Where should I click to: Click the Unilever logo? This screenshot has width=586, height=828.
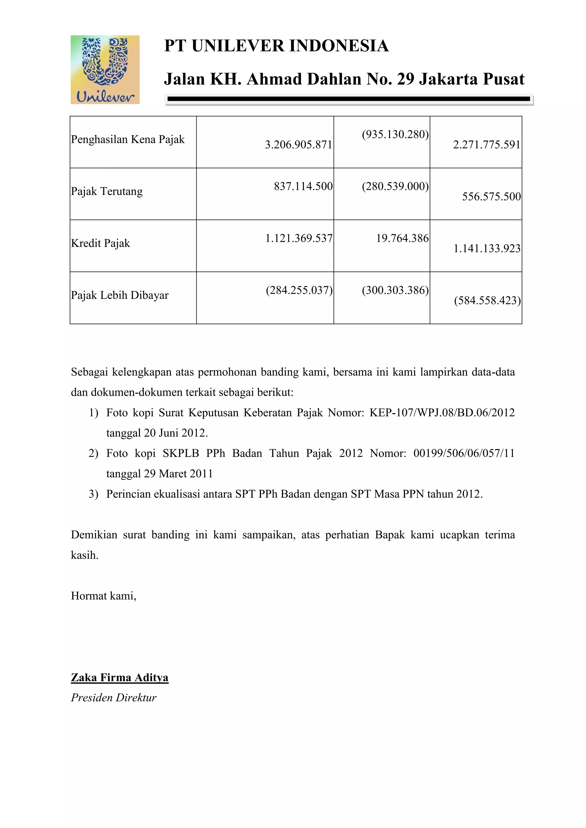(x=105, y=69)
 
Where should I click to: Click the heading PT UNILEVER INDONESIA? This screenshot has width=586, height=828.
(x=276, y=46)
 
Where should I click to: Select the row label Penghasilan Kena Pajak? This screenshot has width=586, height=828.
(x=128, y=139)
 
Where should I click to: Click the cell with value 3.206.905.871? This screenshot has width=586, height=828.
(x=298, y=145)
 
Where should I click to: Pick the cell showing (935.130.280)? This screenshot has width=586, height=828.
(x=395, y=134)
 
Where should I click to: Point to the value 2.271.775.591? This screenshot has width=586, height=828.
(x=486, y=145)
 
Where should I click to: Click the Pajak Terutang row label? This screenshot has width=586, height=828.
(x=107, y=191)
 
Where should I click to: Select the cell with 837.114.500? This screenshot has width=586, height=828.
(x=303, y=186)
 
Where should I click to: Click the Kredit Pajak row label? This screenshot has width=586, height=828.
(x=100, y=243)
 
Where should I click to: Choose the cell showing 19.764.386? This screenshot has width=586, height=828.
(x=402, y=238)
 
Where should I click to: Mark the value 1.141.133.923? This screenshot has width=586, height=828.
(x=487, y=248)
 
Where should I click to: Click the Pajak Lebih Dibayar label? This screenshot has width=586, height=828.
(x=120, y=295)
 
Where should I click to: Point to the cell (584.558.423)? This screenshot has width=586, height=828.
(x=487, y=300)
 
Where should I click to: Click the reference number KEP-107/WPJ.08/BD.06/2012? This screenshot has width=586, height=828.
(x=442, y=412)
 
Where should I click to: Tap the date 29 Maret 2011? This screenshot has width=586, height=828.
(x=179, y=473)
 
